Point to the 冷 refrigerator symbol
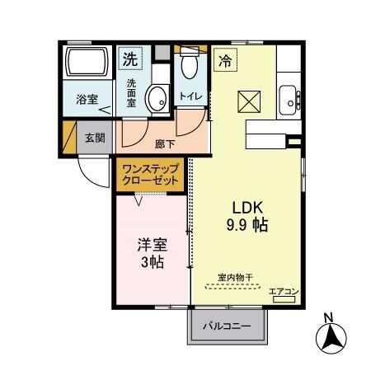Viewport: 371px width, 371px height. (225, 59)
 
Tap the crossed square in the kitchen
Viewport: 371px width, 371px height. (248, 103)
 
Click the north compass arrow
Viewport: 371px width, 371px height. (330, 336)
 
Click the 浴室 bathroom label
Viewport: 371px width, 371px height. (88, 100)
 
